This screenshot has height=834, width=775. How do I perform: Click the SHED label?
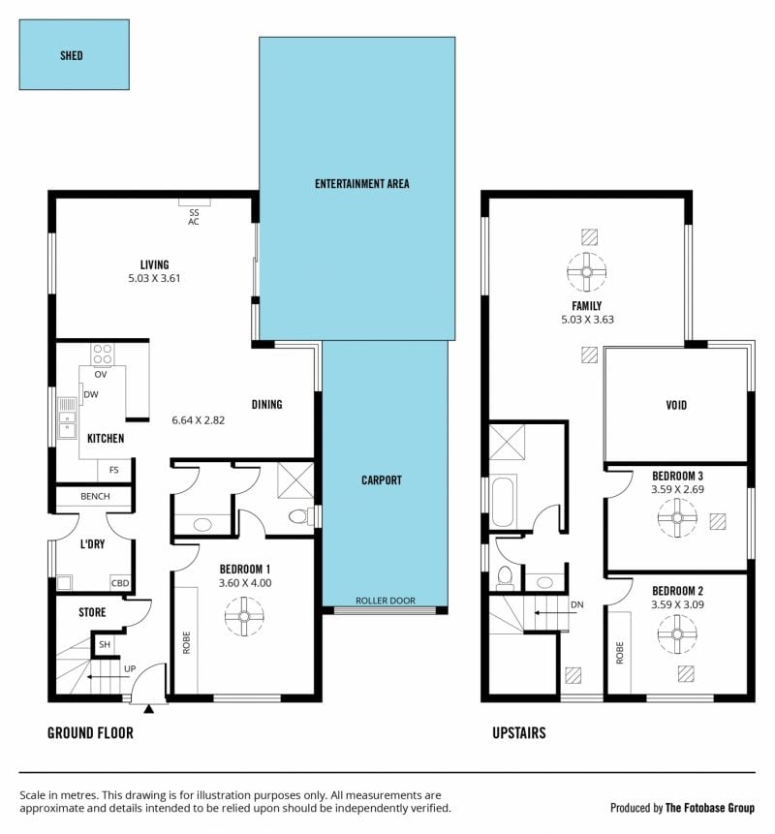tap(72, 55)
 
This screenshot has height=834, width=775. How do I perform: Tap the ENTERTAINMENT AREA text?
tap(361, 184)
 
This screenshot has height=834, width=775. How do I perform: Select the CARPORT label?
tap(382, 480)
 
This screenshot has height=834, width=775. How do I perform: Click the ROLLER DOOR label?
tap(386, 601)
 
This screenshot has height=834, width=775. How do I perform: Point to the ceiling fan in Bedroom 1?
tap(244, 616)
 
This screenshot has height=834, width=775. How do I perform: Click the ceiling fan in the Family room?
tap(587, 272)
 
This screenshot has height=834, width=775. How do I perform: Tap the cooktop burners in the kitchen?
tap(102, 355)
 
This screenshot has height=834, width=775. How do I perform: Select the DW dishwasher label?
tap(91, 394)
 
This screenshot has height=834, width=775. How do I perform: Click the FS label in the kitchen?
tap(114, 470)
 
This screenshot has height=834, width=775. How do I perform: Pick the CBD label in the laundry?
tap(120, 583)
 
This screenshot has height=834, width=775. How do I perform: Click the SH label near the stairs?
tap(105, 645)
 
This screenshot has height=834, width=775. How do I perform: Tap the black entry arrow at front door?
tap(149, 708)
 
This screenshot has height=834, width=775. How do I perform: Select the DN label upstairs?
tap(577, 604)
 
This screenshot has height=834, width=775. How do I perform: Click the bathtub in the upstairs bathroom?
tap(503, 503)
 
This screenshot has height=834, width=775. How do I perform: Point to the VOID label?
tap(676, 405)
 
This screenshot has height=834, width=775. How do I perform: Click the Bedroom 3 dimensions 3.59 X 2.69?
tap(678, 489)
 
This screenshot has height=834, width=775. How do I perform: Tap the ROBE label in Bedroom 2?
tap(620, 653)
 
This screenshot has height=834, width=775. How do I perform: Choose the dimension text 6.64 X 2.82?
tap(199, 420)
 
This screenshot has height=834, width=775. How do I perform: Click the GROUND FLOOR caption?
tap(90, 733)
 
